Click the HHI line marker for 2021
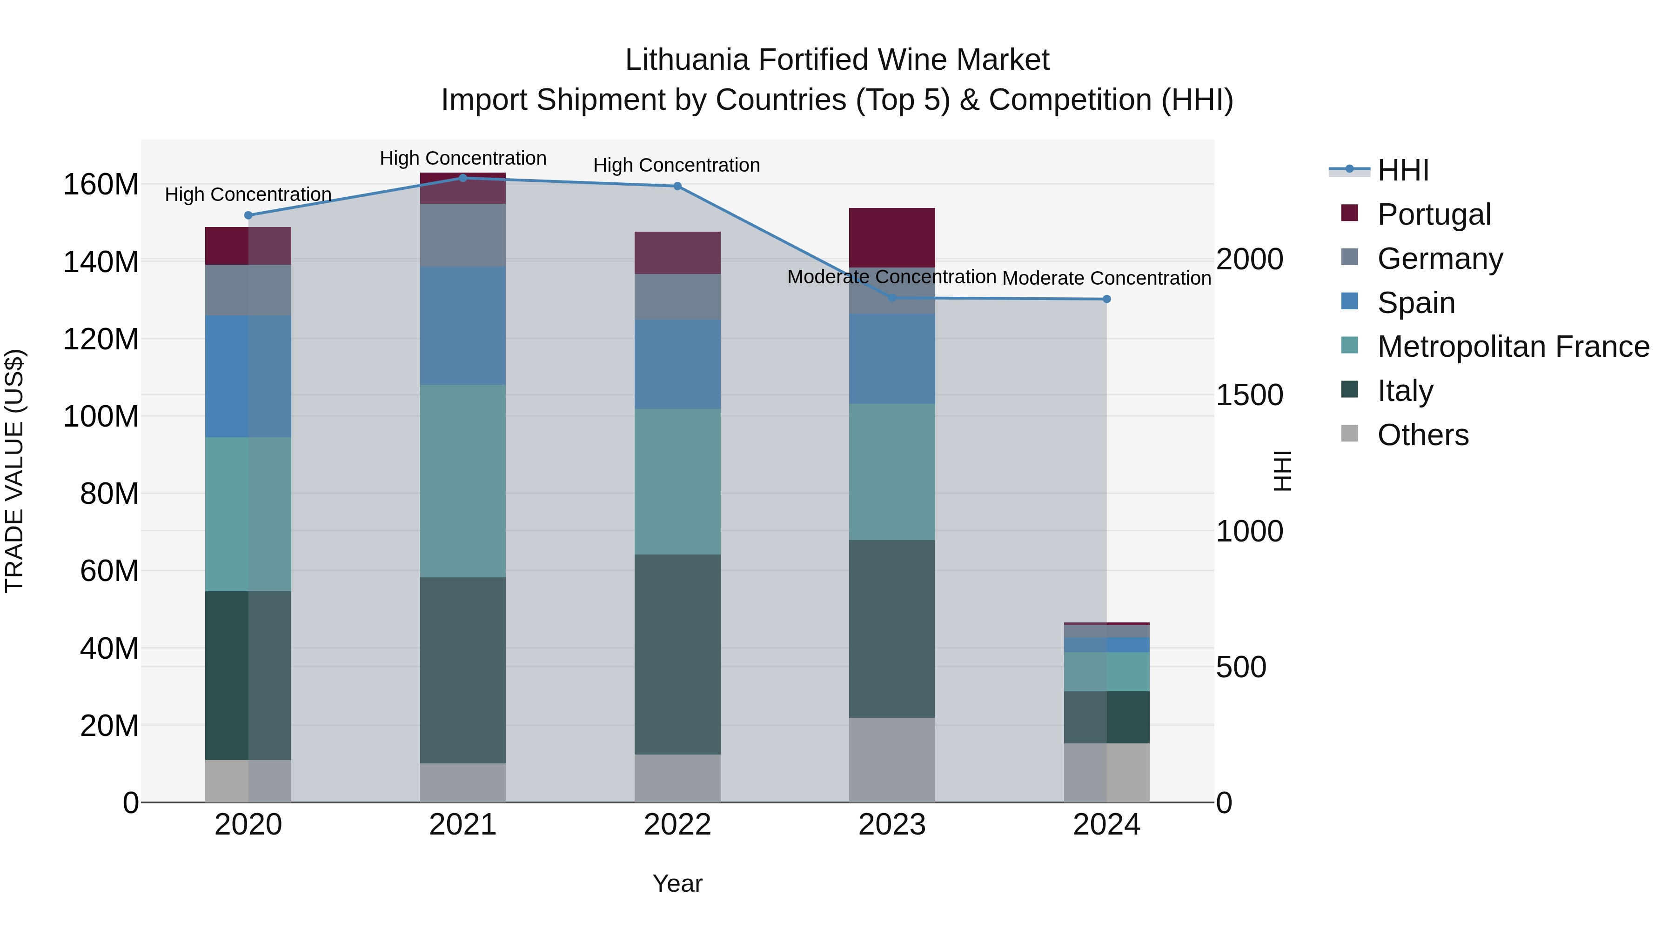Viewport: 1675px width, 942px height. click(x=463, y=178)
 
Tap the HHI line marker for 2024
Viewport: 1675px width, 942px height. click(x=1107, y=299)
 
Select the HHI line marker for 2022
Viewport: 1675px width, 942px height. click(x=677, y=187)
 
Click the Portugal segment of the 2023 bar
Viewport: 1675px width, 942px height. click(x=892, y=237)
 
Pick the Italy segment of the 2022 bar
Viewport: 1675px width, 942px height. click(x=677, y=654)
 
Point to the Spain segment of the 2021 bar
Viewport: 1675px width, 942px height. click(x=463, y=325)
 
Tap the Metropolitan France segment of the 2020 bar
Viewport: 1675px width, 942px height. click(x=248, y=514)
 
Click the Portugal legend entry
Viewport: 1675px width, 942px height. click(x=1434, y=214)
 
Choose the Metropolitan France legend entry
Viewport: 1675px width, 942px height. click(x=1513, y=347)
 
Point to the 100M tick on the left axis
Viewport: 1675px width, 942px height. click(x=101, y=416)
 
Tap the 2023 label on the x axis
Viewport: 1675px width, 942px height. click(x=892, y=825)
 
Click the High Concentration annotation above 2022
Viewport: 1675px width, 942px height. click(x=677, y=165)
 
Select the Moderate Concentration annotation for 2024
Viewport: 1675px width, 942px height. click(x=1107, y=278)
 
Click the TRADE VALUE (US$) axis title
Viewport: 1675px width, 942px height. click(x=14, y=471)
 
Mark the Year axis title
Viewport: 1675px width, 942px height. click(x=677, y=883)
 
